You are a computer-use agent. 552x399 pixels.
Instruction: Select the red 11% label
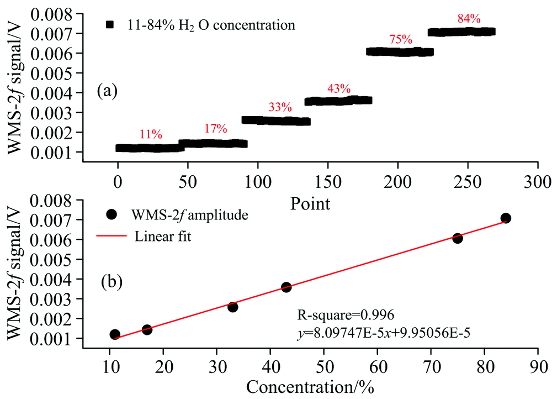pyautogui.click(x=150, y=134)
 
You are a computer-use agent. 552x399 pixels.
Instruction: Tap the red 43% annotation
pyautogui.click(x=338, y=88)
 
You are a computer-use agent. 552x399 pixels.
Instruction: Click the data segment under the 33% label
pyautogui.click(x=276, y=120)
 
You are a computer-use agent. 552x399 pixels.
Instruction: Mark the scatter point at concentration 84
pyautogui.click(x=506, y=218)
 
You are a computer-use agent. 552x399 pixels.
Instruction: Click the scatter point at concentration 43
pyautogui.click(x=286, y=287)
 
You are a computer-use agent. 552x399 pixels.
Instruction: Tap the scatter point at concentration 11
pyautogui.click(x=115, y=334)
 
